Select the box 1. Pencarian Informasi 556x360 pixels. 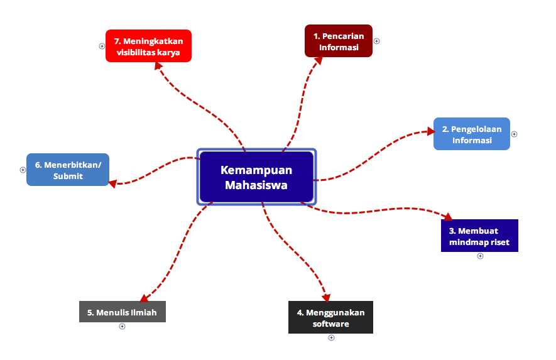point(339,41)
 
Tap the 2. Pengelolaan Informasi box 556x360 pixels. point(471,134)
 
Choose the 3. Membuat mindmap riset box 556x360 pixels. point(479,236)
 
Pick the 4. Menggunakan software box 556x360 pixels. point(330,317)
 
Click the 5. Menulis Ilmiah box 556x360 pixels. point(122,312)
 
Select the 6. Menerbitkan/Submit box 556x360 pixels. point(68,170)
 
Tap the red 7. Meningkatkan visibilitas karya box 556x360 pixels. point(148,46)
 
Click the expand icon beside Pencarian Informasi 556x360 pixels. point(377,41)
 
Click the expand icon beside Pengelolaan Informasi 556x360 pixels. point(514,134)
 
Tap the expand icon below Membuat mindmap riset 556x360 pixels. point(480,256)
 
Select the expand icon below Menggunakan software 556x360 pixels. point(331,337)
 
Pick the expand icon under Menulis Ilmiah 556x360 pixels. point(123,326)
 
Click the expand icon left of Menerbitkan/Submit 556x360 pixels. point(23,170)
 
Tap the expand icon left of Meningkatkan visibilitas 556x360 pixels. point(102,46)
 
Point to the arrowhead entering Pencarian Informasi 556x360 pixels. point(318,60)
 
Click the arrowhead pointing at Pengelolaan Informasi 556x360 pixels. point(430,131)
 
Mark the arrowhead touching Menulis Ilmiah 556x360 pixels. point(144,298)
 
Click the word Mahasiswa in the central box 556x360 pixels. point(256,185)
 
